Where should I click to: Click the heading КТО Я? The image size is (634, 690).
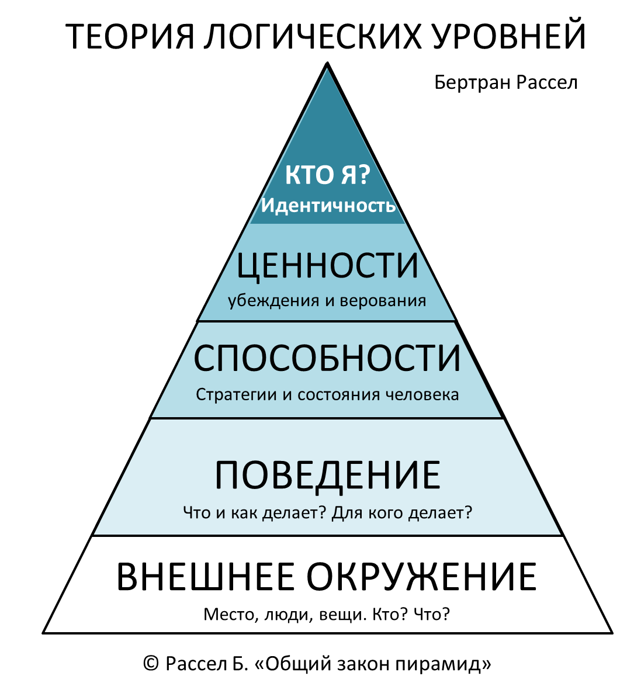pyautogui.click(x=327, y=176)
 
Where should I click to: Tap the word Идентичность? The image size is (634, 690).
pyautogui.click(x=328, y=206)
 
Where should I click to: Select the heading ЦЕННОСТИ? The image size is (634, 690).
pyautogui.click(x=327, y=266)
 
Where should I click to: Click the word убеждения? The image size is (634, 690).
pyautogui.click(x=265, y=301)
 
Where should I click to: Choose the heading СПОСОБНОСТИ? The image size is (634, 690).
pyautogui.click(x=327, y=359)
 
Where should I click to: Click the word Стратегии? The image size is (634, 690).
pyautogui.click(x=237, y=395)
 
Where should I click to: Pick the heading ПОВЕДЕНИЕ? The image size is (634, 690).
pyautogui.click(x=327, y=475)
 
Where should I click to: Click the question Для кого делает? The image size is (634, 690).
pyautogui.click(x=401, y=514)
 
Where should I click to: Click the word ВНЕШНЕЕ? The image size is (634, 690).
pyautogui.click(x=206, y=577)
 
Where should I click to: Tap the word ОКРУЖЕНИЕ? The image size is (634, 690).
pyautogui.click(x=421, y=577)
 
